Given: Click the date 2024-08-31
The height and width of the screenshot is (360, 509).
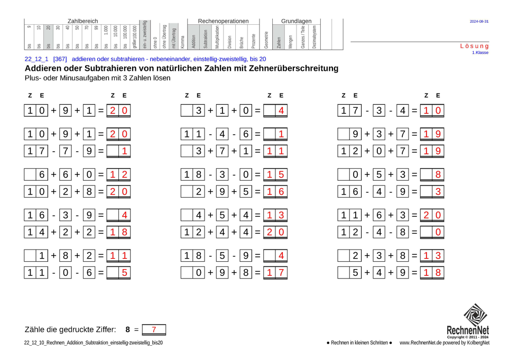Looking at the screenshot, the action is [x=479, y=22].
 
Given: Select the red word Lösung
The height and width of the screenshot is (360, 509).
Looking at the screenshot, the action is [x=475, y=47].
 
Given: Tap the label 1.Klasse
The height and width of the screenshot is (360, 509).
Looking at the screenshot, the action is [x=480, y=53].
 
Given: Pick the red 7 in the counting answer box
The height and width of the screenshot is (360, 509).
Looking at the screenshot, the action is [x=154, y=330].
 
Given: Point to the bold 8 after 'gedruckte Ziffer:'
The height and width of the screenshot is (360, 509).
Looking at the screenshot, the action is [x=127, y=330].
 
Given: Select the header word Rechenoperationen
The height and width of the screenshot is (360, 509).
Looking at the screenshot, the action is [x=223, y=21].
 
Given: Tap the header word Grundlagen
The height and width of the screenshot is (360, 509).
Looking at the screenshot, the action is [x=296, y=21].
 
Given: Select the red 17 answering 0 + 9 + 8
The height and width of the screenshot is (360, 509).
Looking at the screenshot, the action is [x=276, y=273].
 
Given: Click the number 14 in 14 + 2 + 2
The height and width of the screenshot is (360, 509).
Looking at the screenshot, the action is [x=36, y=232].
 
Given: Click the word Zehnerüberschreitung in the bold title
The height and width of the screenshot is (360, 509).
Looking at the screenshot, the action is [x=286, y=69].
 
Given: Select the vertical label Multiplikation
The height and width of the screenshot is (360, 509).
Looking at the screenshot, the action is [x=217, y=37].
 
